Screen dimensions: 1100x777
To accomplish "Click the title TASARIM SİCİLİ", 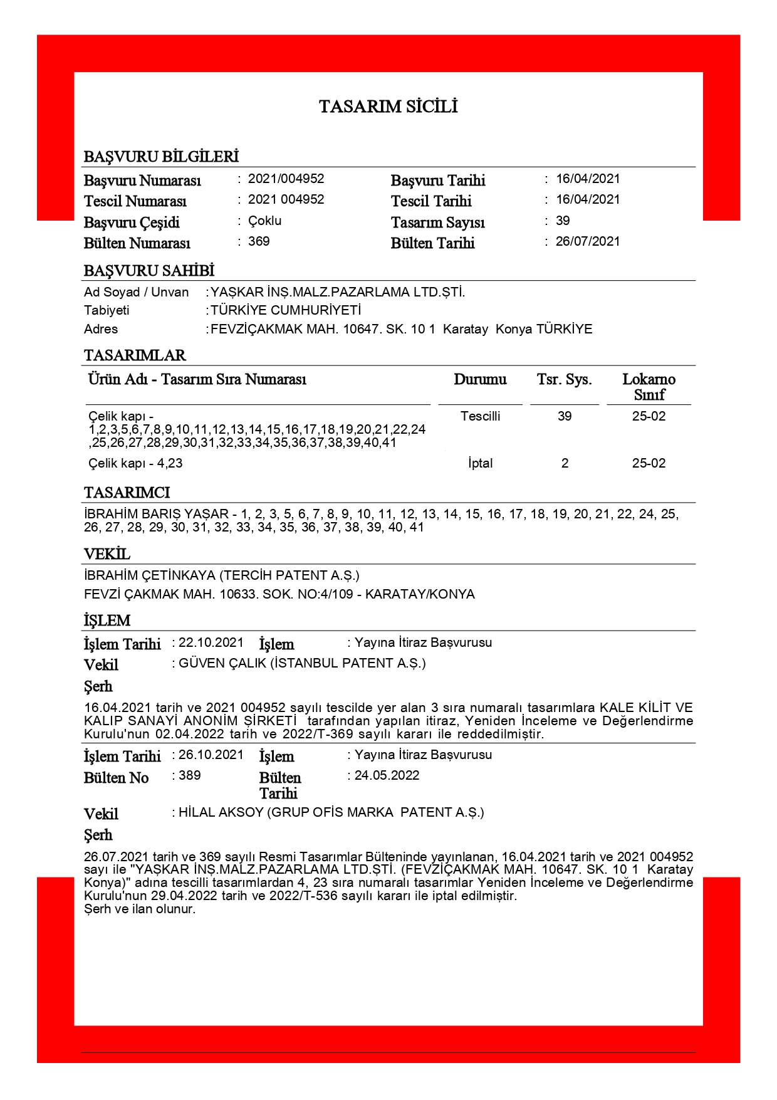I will [x=388, y=107].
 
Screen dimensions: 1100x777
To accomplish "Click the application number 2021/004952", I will [x=286, y=179].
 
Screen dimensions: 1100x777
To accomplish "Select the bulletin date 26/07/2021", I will [x=587, y=241].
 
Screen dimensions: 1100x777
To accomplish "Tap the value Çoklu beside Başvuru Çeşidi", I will [x=264, y=221].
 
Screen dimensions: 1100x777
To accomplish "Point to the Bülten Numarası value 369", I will [x=259, y=241].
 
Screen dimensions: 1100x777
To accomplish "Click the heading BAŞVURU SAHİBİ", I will [x=149, y=271].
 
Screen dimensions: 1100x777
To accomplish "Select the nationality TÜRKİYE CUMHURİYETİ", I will [x=286, y=310].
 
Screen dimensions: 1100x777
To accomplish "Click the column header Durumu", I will [x=480, y=379].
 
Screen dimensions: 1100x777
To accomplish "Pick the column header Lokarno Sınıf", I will [x=649, y=387].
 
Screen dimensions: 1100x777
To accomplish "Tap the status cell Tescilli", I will [x=480, y=416].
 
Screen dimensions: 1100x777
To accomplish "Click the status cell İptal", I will [x=480, y=463].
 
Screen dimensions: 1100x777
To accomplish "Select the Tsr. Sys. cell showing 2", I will [x=565, y=463].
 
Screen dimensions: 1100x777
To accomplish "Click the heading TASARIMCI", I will [x=127, y=493].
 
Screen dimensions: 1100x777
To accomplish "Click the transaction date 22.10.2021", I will [x=211, y=642].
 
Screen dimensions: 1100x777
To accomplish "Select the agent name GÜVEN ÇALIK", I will [x=222, y=663].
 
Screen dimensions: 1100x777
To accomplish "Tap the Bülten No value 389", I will [x=190, y=775].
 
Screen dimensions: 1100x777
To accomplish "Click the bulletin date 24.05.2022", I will [x=387, y=775].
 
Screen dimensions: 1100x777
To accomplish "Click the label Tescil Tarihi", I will [x=431, y=201].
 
